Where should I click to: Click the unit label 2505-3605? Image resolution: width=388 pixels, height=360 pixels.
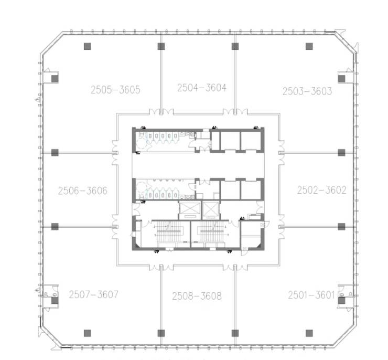tap(115, 90)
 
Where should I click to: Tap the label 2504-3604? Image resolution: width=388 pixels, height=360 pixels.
tap(202, 88)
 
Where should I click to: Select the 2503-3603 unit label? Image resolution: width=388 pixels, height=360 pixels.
tap(307, 91)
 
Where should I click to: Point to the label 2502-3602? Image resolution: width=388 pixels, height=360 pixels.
tap(321, 190)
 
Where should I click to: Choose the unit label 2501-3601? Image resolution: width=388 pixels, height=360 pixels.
tap(311, 295)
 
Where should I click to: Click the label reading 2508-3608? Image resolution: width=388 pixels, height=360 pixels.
tap(197, 296)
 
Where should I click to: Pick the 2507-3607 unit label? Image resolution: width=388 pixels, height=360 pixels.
tap(93, 294)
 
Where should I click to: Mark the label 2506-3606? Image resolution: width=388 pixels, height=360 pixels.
tap(83, 190)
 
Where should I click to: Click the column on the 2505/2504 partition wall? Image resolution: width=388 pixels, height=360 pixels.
tap(161, 46)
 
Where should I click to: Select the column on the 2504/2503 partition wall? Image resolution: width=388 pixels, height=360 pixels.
tap(235, 46)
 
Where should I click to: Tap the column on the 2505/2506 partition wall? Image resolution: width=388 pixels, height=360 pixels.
tap(55, 153)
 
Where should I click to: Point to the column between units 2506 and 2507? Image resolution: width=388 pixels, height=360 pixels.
tap(55, 227)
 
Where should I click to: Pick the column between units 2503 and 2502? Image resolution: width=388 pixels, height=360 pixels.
tap(341, 153)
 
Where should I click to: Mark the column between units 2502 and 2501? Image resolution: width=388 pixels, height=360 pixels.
tap(341, 227)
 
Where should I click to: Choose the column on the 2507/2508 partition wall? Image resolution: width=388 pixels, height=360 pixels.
tap(161, 333)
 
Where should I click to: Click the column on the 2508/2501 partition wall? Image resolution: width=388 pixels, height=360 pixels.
tap(235, 333)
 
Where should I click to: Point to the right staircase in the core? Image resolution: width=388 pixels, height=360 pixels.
tap(212, 232)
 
